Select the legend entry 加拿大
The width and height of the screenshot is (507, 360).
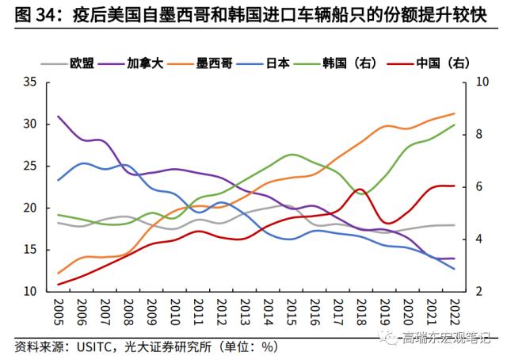[x=144, y=61]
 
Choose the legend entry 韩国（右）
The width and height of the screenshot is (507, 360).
[x=349, y=61]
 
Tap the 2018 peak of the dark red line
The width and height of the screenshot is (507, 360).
[x=360, y=190]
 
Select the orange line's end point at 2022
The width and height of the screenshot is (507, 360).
[x=454, y=113]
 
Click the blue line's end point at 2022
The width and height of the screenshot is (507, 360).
[x=454, y=269]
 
